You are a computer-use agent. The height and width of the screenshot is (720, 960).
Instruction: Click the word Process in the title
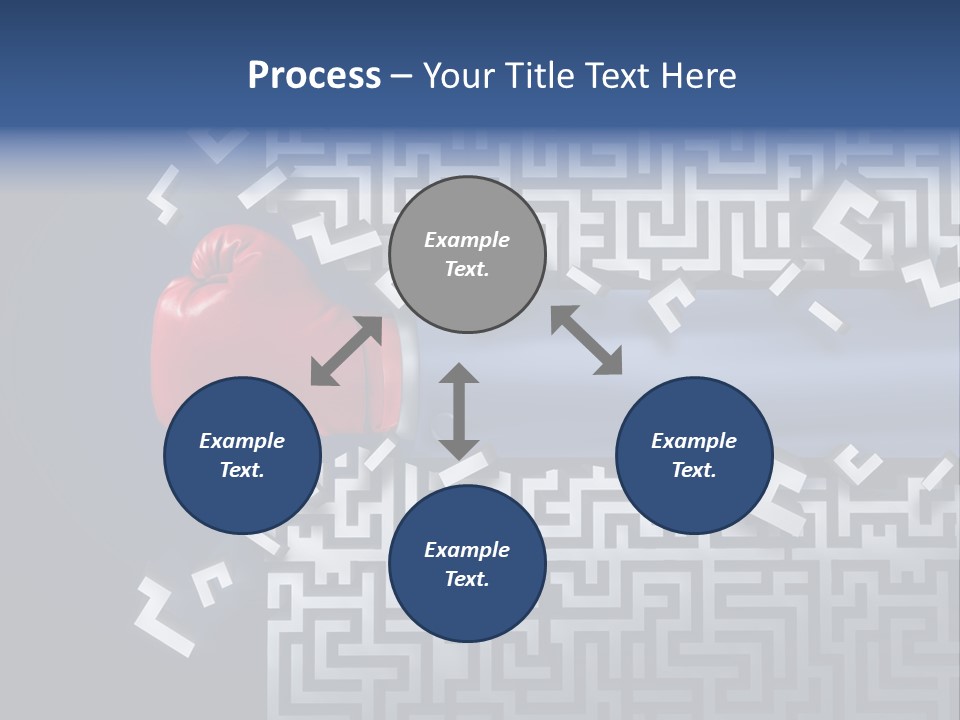pyautogui.click(x=314, y=76)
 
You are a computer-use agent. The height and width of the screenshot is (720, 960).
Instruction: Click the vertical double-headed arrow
pyautogui.click(x=459, y=411)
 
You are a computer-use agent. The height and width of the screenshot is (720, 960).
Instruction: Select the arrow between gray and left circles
pyautogui.click(x=346, y=350)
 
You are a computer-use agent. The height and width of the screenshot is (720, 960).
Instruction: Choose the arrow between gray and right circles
pyautogui.click(x=586, y=340)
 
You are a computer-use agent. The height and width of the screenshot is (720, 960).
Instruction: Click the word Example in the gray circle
pyautogui.click(x=467, y=240)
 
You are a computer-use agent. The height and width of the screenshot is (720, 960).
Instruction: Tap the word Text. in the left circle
pyautogui.click(x=242, y=470)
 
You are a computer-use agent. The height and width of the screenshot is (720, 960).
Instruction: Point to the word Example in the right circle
pyautogui.click(x=694, y=441)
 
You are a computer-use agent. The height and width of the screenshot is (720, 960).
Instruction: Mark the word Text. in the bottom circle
pyautogui.click(x=467, y=579)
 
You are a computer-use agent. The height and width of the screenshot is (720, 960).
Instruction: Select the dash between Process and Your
pyautogui.click(x=401, y=76)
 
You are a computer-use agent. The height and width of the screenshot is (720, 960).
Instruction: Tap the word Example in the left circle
pyautogui.click(x=242, y=441)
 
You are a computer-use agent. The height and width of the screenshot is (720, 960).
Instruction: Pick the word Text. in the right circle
pyautogui.click(x=694, y=470)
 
